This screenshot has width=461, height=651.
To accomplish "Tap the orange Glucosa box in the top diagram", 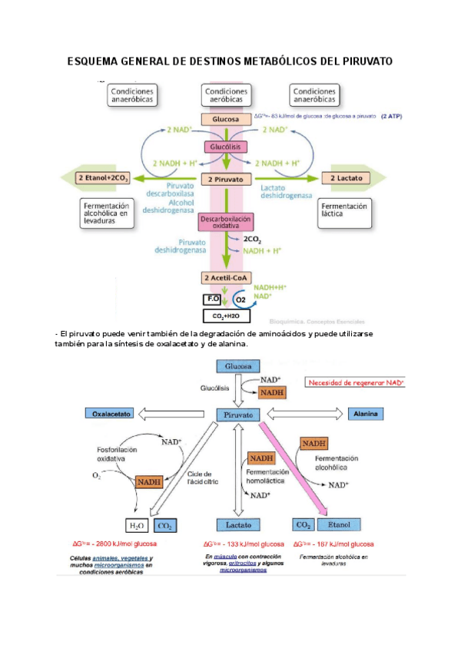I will tap(226, 119).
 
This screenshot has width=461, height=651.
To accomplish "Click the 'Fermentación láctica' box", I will tap(343, 211).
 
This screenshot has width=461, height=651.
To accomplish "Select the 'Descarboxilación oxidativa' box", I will tap(226, 223).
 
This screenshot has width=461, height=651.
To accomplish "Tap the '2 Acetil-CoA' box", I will tap(226, 278).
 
